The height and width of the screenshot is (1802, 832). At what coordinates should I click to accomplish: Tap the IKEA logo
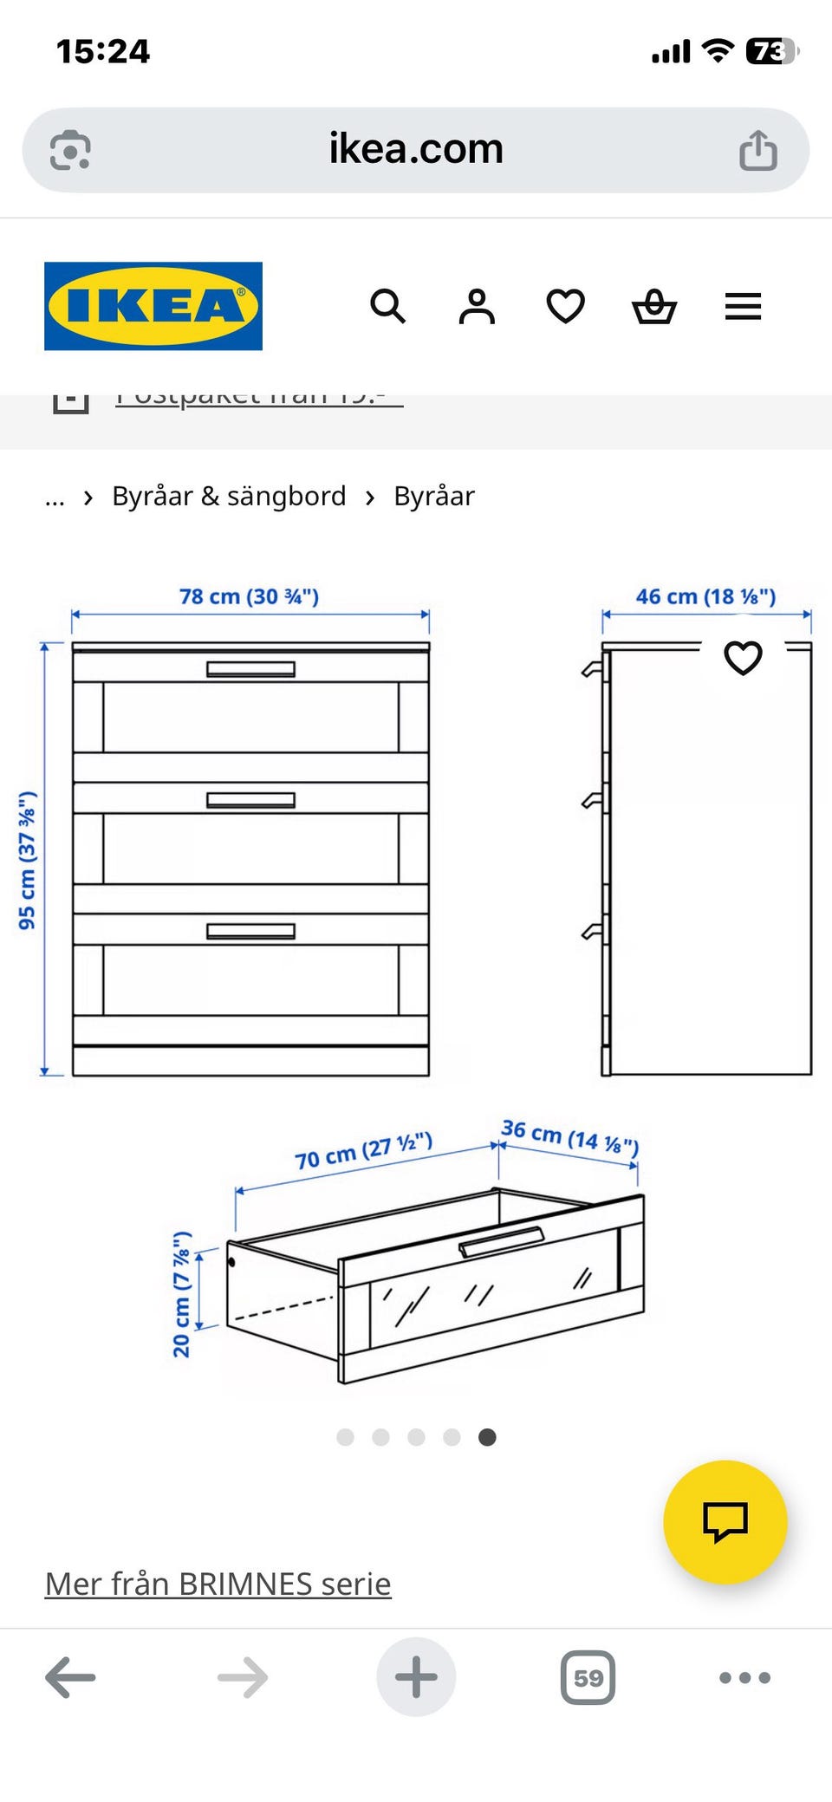click(x=153, y=306)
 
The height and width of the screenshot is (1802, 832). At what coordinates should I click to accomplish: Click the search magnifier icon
click(x=387, y=306)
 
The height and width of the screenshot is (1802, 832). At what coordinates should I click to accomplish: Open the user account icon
click(x=477, y=306)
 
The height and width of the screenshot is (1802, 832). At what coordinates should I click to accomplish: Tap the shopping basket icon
click(x=654, y=306)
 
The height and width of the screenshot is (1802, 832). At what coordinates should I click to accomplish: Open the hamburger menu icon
click(x=743, y=306)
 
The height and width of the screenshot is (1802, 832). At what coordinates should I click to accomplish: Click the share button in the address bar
click(x=757, y=150)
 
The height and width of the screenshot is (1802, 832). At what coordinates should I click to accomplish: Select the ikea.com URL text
click(x=416, y=149)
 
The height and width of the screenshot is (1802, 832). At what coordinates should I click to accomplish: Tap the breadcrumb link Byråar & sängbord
click(x=229, y=497)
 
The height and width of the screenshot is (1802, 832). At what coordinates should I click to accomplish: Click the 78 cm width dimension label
click(x=250, y=596)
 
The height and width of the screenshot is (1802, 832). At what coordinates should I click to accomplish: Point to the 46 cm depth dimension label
click(x=705, y=596)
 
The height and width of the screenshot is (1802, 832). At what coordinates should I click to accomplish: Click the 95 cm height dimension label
click(x=28, y=860)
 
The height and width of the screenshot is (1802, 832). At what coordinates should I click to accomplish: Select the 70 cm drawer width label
click(x=363, y=1150)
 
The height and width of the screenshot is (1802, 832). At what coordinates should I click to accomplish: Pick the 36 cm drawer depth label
click(x=569, y=1136)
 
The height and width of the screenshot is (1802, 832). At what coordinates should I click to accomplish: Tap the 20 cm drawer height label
click(x=181, y=1293)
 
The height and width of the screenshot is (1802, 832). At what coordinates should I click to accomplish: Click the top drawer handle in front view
click(x=250, y=669)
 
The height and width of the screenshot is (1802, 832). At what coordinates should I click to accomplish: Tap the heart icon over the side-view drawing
click(x=743, y=658)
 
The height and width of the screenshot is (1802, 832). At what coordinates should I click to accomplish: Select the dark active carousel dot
click(x=487, y=1437)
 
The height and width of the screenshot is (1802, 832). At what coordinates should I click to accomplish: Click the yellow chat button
click(x=725, y=1521)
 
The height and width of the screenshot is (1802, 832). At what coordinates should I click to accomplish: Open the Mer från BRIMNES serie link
click(x=218, y=1584)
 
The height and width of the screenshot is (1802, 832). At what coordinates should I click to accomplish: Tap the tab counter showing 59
click(x=588, y=1677)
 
